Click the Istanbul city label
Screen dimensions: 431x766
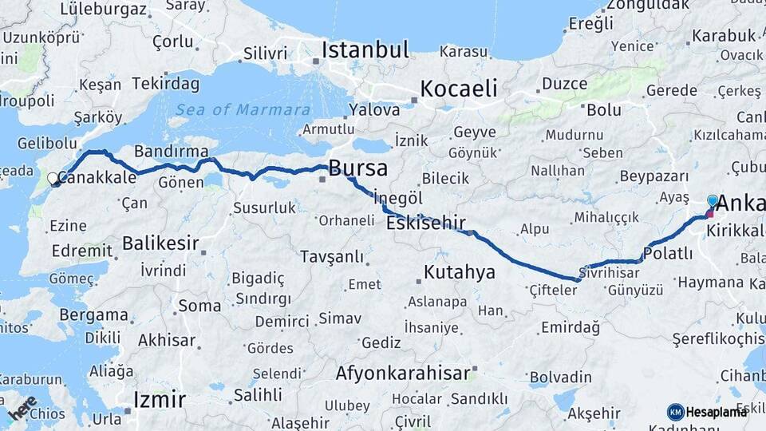[365, 49]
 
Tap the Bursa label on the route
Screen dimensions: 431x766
[358, 168]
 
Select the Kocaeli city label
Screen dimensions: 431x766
[459, 88]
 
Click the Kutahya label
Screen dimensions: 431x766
[459, 272]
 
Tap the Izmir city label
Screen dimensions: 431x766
[160, 399]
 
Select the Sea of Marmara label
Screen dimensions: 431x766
[243, 110]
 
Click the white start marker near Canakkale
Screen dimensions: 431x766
[53, 179]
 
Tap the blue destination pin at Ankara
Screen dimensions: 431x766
[713, 201]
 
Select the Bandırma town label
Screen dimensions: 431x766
[172, 151]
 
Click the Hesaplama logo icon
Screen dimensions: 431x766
[676, 412]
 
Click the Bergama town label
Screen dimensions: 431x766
[93, 314]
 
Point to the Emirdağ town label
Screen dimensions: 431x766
[570, 327]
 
